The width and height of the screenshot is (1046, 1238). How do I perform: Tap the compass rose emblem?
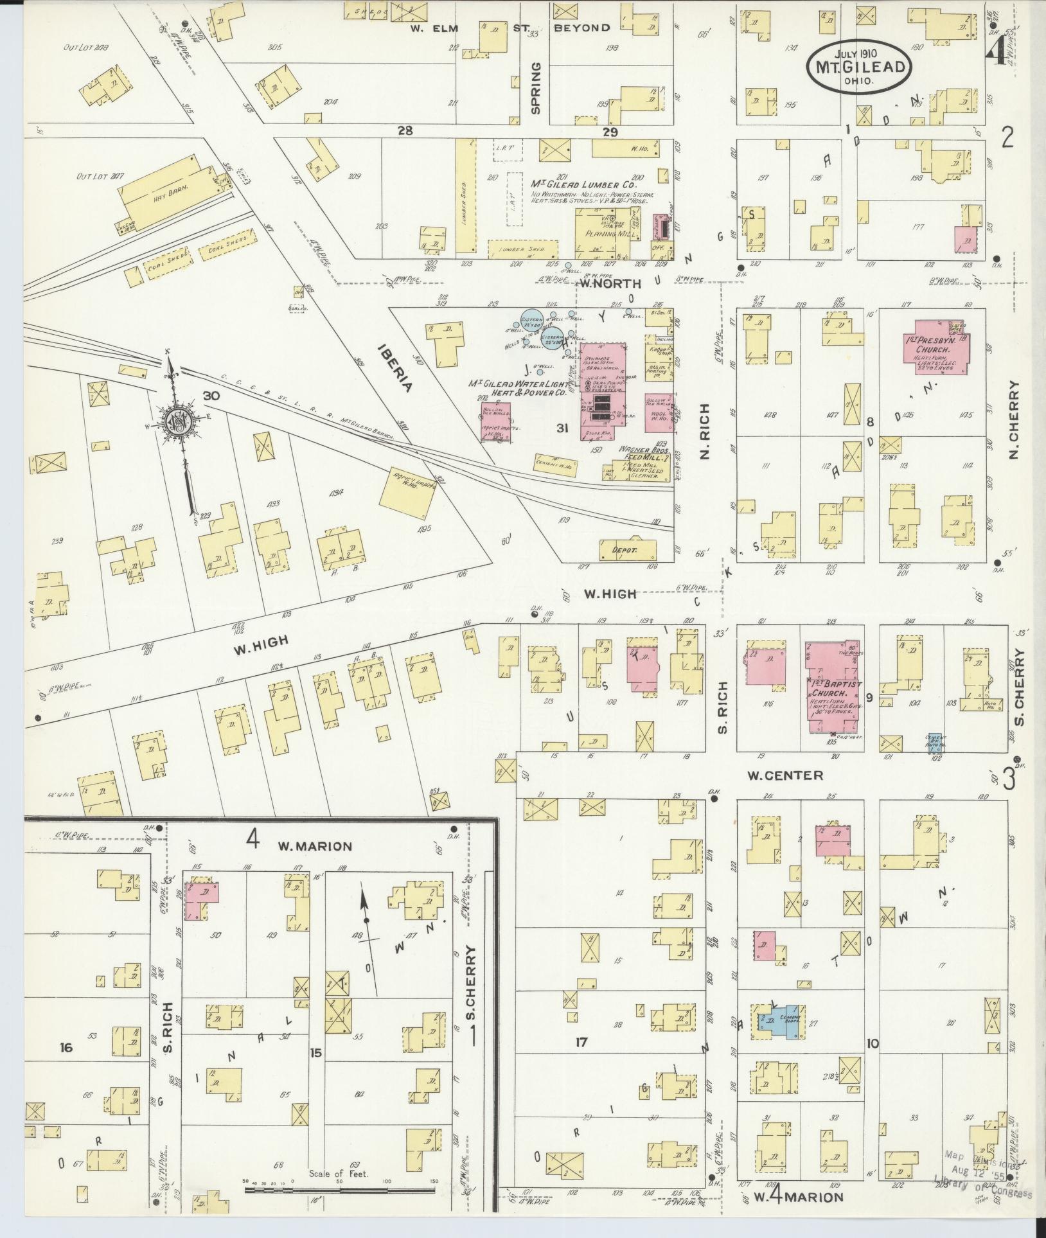[175, 421]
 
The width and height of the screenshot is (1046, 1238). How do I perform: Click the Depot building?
[628, 550]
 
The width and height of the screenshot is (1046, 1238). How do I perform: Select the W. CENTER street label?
[784, 775]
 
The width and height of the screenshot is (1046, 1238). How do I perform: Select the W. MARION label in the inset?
[315, 846]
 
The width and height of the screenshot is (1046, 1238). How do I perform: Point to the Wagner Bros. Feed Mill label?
[644, 455]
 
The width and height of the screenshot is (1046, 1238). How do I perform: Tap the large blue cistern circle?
[533, 320]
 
